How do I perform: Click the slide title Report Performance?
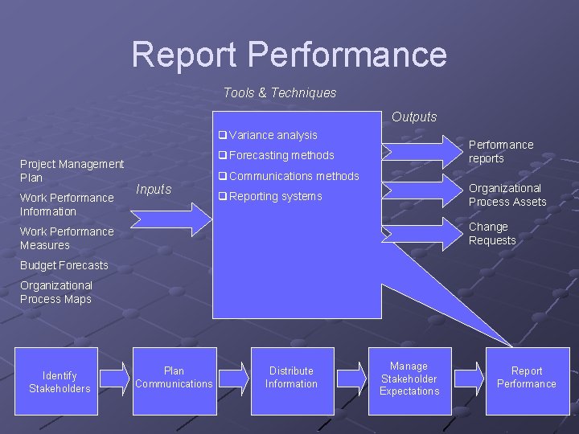(x=289, y=55)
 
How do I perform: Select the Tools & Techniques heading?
(x=280, y=93)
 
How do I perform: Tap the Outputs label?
(x=414, y=117)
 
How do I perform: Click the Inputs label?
(x=154, y=190)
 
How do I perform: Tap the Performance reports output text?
(x=500, y=152)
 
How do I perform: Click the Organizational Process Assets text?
(x=507, y=195)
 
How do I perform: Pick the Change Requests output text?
(x=491, y=234)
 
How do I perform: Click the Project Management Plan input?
(x=72, y=170)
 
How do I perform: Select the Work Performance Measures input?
(x=67, y=239)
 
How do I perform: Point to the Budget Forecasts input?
(x=64, y=265)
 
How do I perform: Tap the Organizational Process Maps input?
(x=56, y=293)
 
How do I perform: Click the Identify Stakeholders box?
(x=60, y=382)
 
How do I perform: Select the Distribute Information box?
(x=291, y=378)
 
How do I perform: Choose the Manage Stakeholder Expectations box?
(x=409, y=379)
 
